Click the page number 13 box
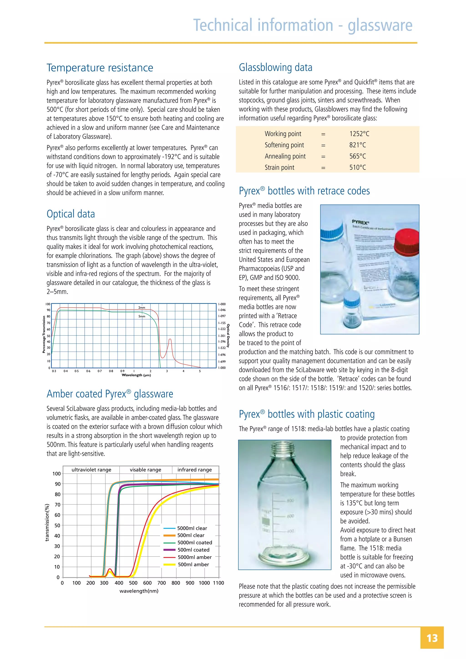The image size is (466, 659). [x=432, y=638]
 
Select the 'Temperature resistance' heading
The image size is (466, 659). [x=100, y=68]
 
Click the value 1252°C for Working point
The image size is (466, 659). [x=359, y=134]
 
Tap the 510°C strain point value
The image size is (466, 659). [x=357, y=167]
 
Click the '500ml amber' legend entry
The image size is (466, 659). [x=193, y=564]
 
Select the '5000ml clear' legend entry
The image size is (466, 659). [x=192, y=528]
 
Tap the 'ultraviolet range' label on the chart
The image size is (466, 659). [x=91, y=470]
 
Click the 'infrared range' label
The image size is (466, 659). [x=194, y=470]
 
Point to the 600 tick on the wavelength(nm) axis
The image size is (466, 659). [x=147, y=583]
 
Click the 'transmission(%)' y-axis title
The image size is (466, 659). [x=47, y=522]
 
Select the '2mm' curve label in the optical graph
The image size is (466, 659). [x=142, y=307]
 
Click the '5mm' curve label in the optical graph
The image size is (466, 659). [x=142, y=316]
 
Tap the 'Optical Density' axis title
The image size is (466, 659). [x=228, y=336]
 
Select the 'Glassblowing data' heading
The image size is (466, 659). [x=276, y=67]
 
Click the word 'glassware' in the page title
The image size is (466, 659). [x=380, y=25]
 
